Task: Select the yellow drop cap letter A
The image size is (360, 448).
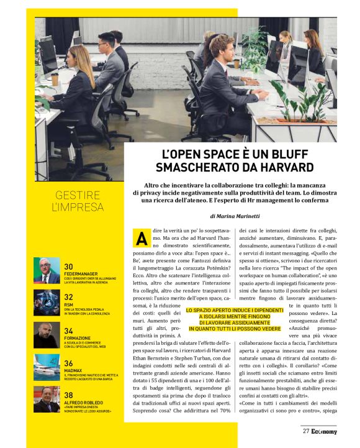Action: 142,239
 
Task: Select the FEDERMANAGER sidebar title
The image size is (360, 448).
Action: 85,273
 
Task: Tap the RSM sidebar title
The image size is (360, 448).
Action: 69,305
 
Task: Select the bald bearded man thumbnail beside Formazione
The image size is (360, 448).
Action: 47,334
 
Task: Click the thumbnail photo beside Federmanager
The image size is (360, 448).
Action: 47,270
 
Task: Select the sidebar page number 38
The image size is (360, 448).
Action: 70,395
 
